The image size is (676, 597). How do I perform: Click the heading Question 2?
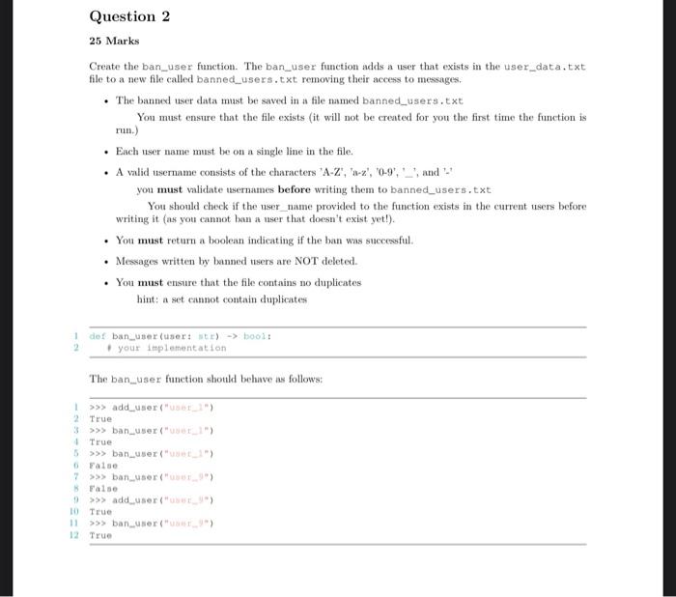point(123,16)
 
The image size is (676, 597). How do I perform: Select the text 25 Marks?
point(114,41)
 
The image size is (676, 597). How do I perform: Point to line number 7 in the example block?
point(73,476)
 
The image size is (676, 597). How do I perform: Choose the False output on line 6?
point(103,465)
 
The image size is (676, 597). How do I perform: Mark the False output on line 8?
point(103,488)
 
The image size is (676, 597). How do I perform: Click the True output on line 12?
point(100,534)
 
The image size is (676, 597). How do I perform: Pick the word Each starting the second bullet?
point(127,151)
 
